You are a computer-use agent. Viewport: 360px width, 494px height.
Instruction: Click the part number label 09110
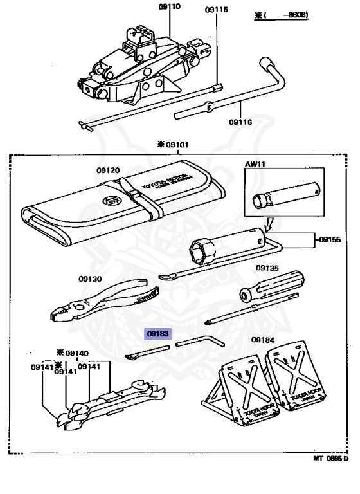click(x=152, y=8)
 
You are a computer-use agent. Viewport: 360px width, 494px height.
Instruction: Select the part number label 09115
click(x=216, y=10)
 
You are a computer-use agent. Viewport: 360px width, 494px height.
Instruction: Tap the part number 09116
click(x=240, y=120)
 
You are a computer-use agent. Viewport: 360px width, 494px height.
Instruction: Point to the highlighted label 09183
click(x=157, y=334)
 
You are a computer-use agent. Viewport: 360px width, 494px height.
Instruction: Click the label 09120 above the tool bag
click(x=108, y=170)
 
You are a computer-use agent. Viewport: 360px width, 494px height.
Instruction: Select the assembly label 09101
click(x=177, y=145)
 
